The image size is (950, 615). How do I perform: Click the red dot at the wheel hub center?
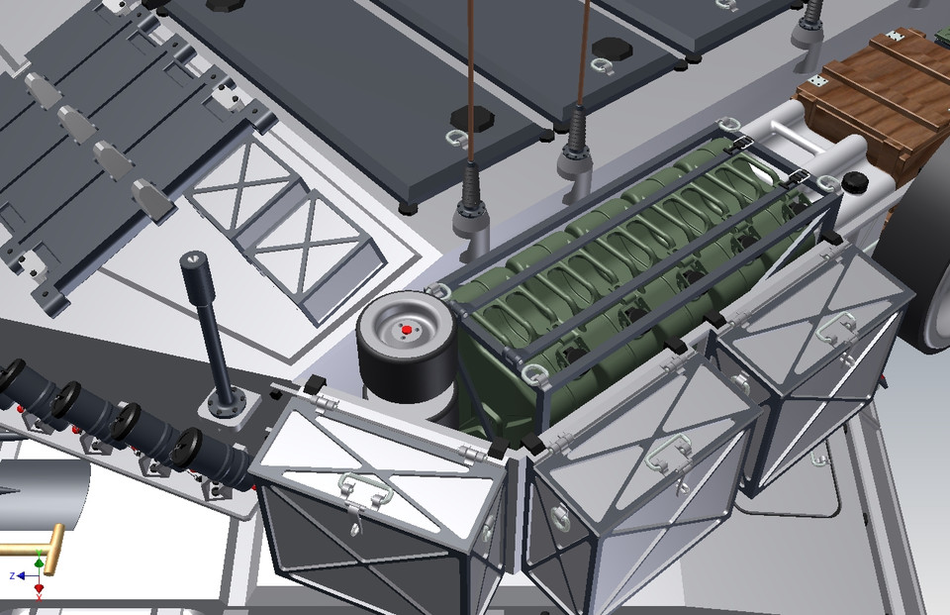(407, 329)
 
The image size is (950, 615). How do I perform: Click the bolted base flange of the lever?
(229, 405)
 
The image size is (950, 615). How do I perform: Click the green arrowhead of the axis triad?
(39, 564)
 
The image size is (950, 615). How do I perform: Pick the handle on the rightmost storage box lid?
(837, 327)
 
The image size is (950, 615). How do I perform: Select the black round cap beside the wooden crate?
(854, 182)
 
